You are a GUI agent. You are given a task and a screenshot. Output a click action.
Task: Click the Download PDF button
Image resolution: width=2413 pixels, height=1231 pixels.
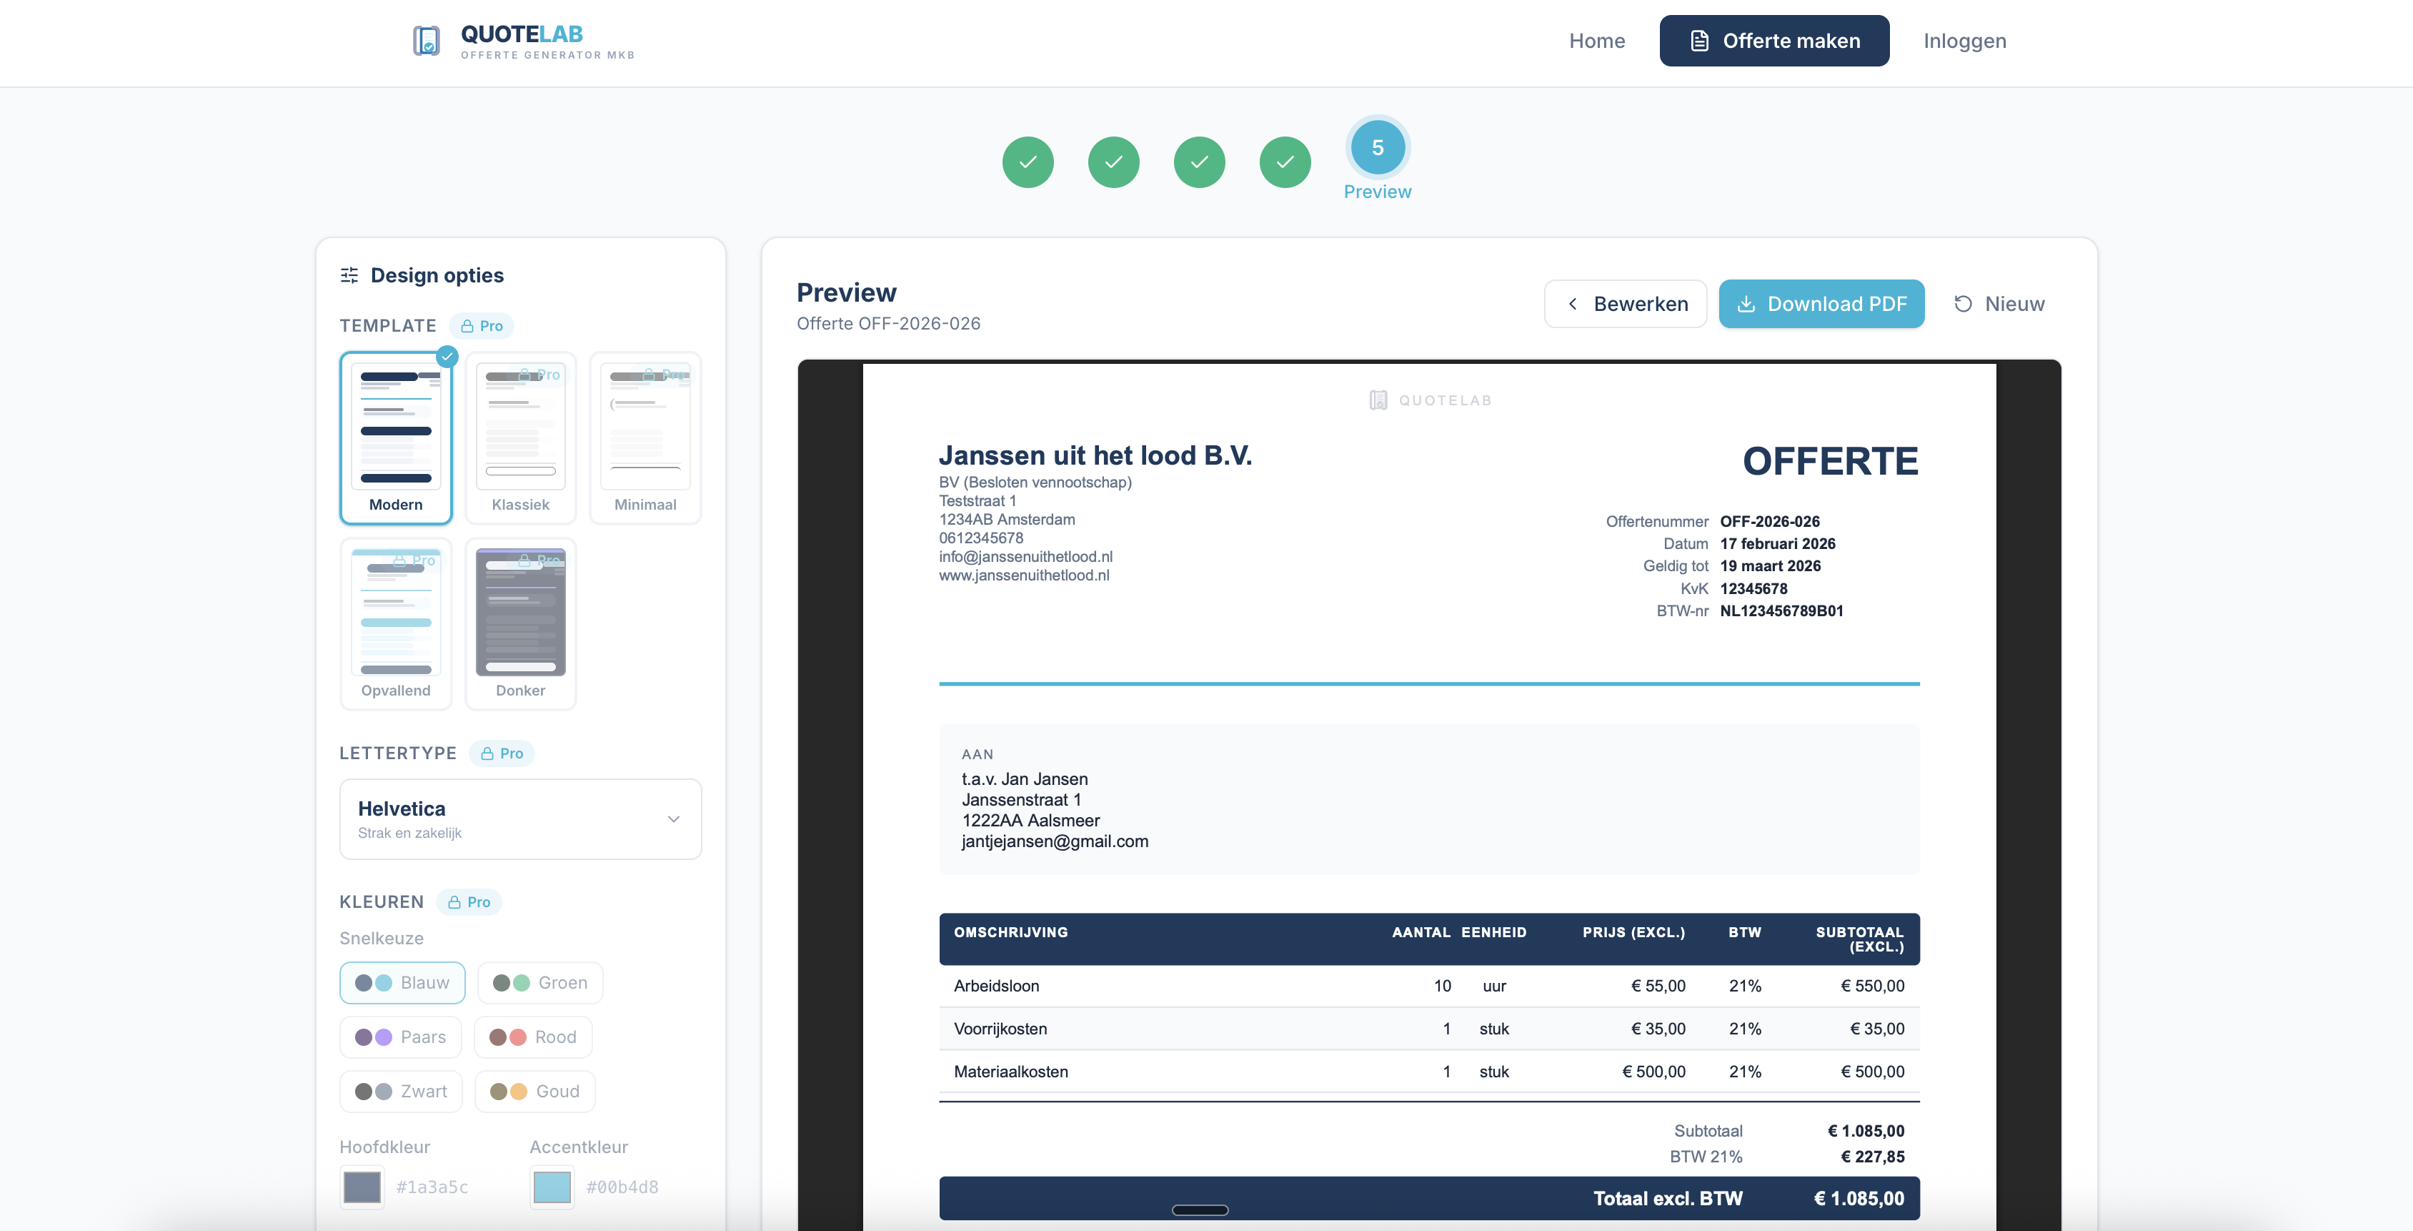point(1821,304)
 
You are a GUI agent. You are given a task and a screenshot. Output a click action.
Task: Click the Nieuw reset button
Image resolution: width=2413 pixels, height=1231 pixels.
point(1999,304)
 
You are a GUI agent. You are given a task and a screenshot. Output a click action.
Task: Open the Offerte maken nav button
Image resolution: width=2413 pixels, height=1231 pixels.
point(1773,40)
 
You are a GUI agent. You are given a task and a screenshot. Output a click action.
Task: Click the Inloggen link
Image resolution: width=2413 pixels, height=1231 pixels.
point(1964,40)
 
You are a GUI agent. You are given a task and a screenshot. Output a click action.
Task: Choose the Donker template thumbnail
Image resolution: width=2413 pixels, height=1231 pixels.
point(520,623)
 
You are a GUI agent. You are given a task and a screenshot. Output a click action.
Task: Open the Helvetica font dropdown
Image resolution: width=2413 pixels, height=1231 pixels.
point(520,819)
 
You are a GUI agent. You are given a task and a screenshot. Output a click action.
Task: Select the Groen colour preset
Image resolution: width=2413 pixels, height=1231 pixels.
point(539,983)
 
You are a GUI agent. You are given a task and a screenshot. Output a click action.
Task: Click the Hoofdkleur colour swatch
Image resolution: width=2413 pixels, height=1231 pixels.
point(362,1187)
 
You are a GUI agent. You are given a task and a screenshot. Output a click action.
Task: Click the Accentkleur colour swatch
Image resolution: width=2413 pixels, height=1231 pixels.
point(552,1187)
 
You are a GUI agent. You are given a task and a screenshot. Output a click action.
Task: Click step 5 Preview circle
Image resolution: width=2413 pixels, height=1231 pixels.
point(1377,148)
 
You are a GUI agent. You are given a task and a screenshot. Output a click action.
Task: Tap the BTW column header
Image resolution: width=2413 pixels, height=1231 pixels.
point(1744,932)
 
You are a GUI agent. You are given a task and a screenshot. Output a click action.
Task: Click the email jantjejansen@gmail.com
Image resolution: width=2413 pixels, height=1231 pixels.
point(1054,841)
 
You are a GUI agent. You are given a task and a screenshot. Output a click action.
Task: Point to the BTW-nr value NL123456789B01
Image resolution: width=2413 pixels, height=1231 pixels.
point(1781,610)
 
